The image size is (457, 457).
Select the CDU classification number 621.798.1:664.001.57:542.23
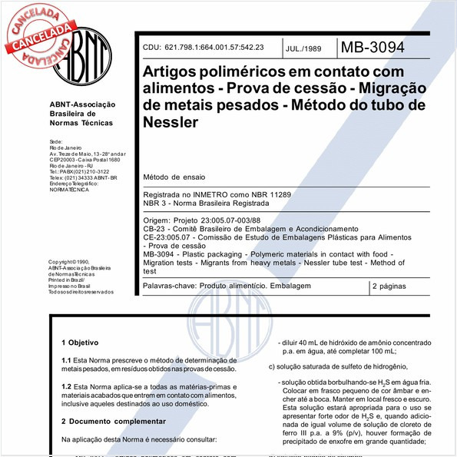pos(203,48)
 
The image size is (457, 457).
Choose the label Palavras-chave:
pos(170,286)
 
